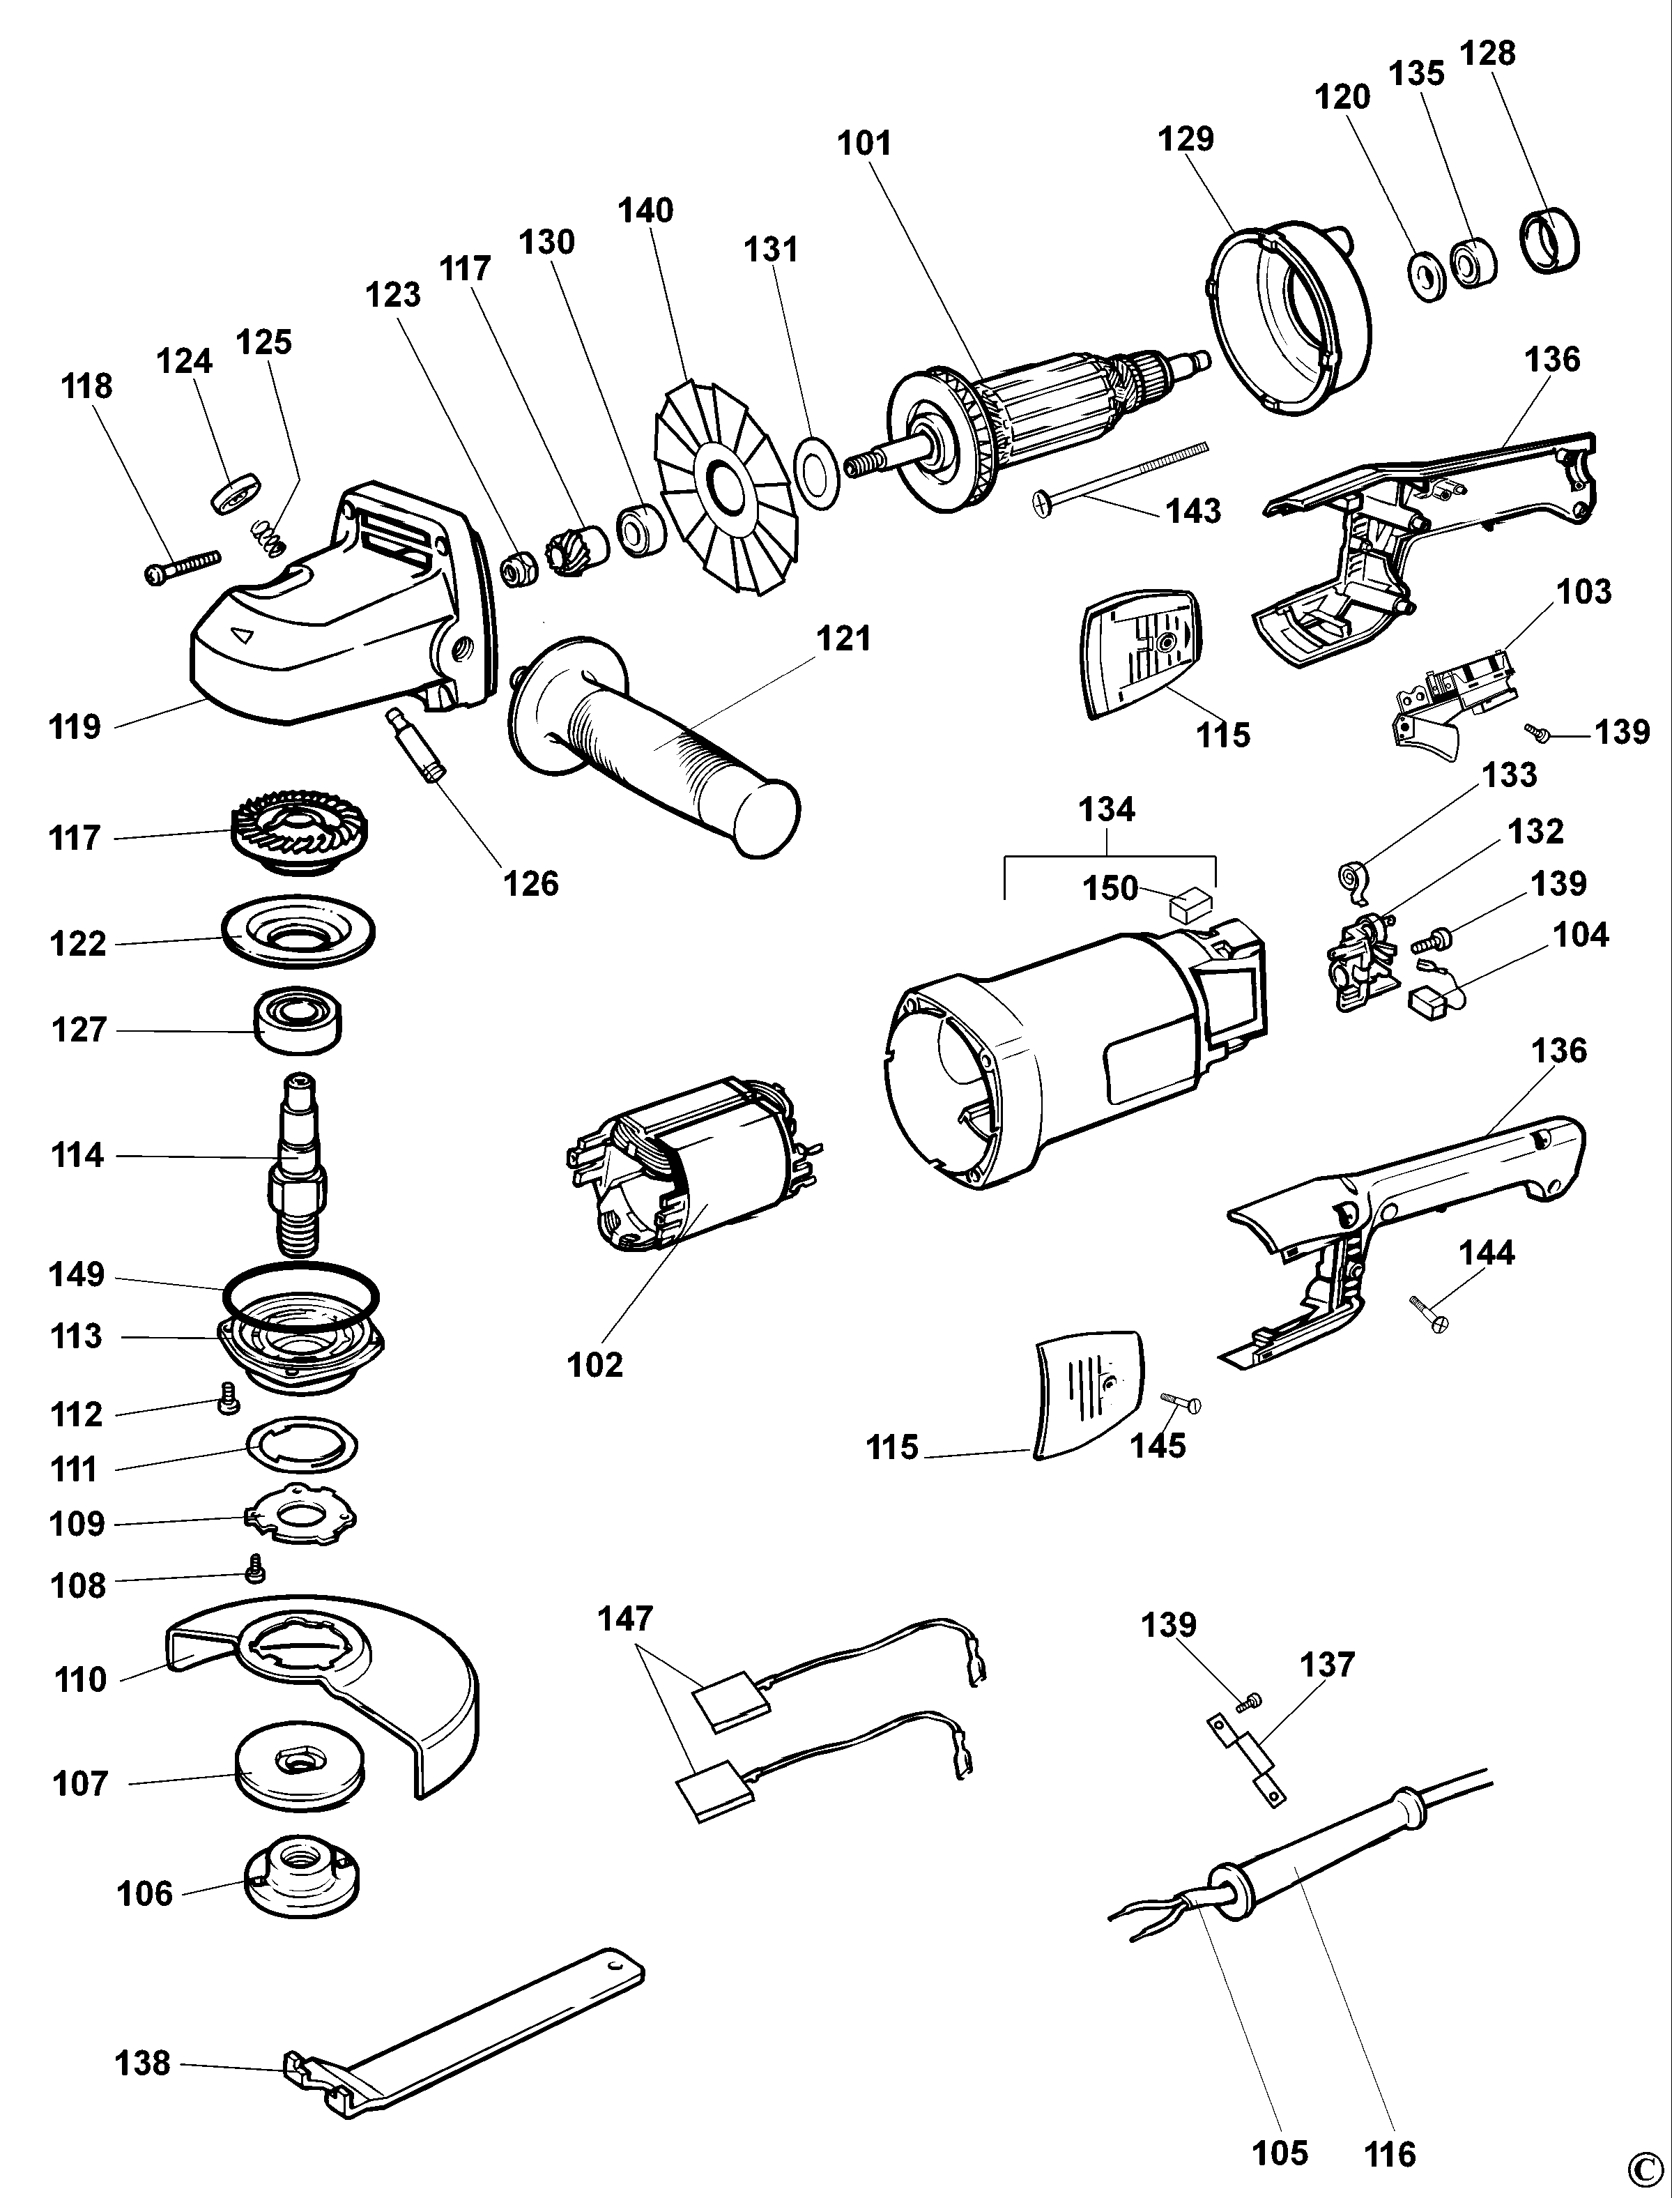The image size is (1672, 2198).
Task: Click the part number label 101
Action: [x=864, y=144]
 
